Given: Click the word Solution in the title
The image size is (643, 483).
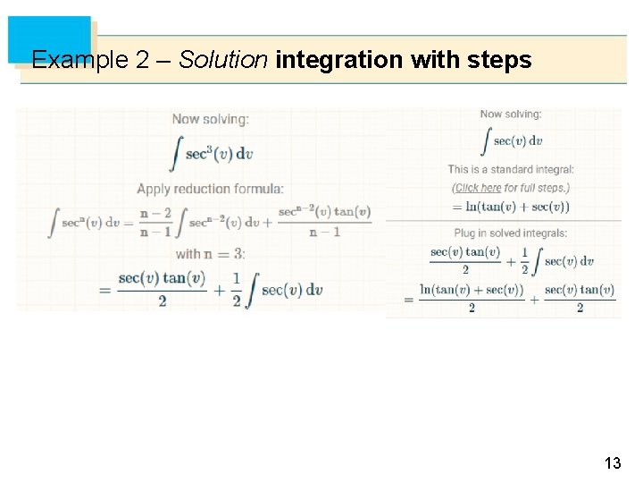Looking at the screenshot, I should click(223, 61).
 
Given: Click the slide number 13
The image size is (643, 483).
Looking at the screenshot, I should click(613, 463).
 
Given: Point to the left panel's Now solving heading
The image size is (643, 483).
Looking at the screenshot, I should click(211, 119).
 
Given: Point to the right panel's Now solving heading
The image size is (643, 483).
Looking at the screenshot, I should click(511, 114).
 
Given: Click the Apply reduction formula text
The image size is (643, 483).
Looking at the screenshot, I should click(211, 189).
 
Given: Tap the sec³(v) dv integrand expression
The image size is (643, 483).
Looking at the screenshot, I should click(219, 153).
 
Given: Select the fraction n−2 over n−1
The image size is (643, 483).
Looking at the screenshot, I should click(154, 222).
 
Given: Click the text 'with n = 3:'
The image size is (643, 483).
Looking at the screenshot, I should click(211, 254).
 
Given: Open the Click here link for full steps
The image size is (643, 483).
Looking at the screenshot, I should click(478, 188).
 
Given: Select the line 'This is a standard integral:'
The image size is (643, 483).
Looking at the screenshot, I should click(511, 169).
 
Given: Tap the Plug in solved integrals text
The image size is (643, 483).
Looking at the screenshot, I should click(511, 233).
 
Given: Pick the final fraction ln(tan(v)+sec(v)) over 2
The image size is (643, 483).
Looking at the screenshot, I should click(472, 298).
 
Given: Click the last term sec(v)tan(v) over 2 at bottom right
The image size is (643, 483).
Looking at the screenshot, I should click(580, 298).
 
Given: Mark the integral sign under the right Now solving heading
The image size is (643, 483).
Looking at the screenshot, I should click(487, 140).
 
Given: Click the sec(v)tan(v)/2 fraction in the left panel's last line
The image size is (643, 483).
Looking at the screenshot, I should click(162, 289).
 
